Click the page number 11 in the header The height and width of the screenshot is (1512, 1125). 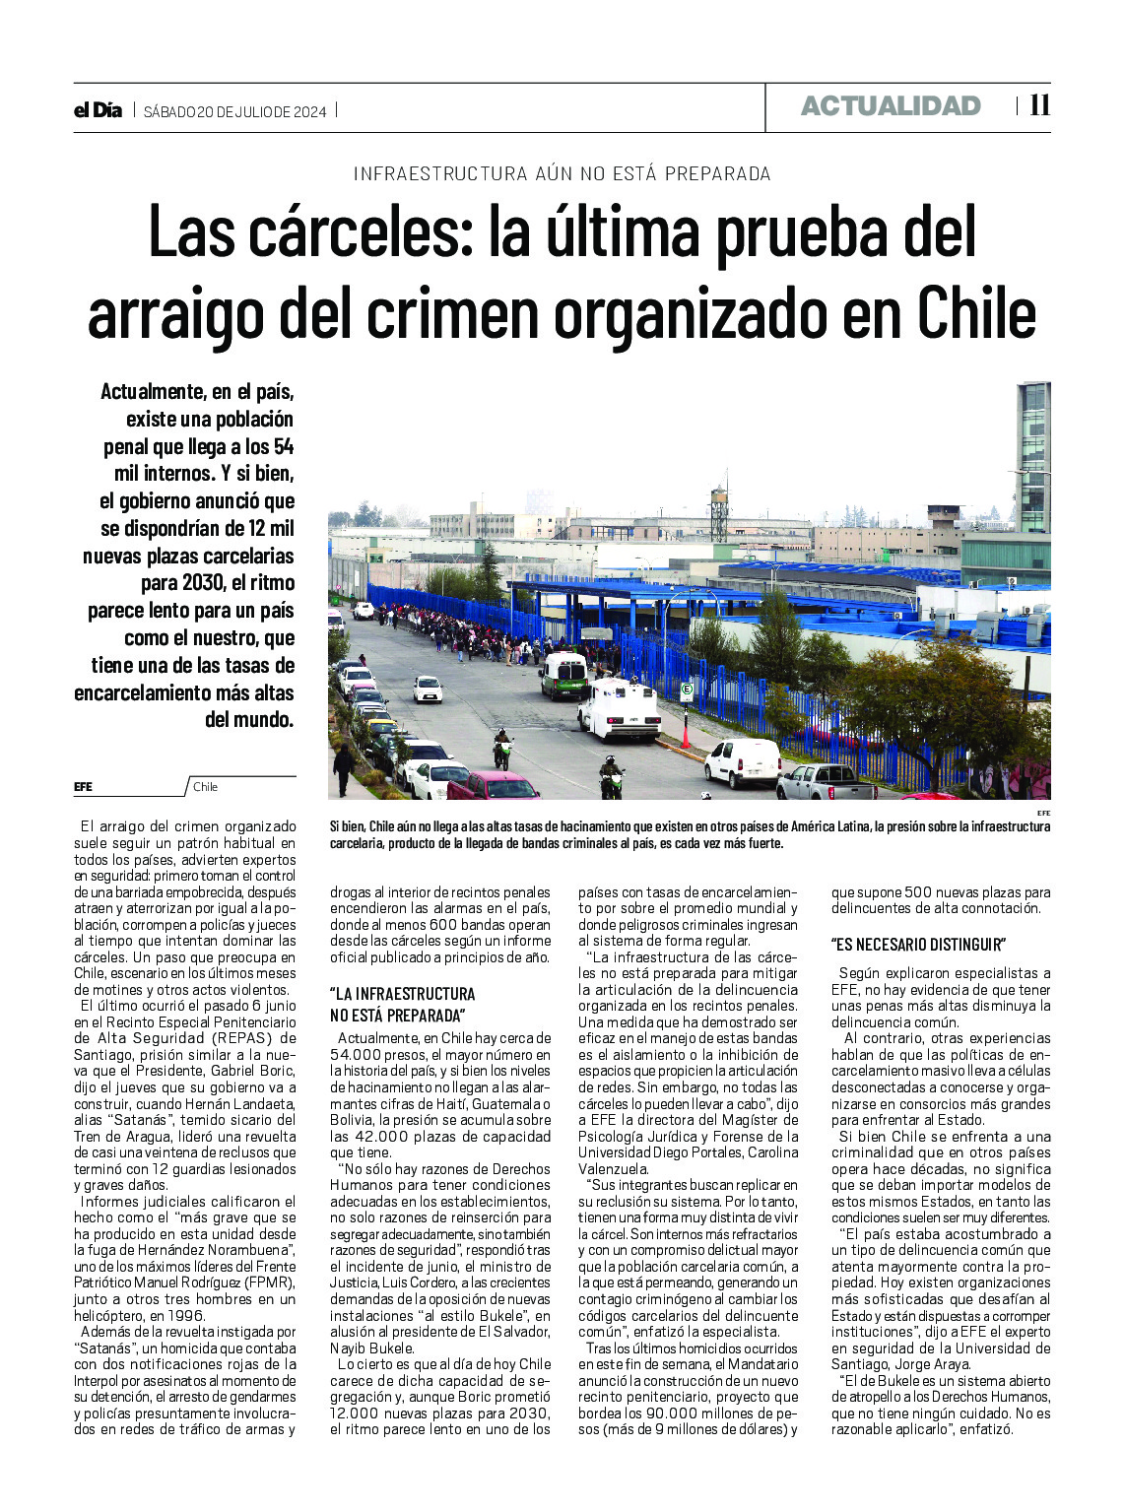[1039, 105]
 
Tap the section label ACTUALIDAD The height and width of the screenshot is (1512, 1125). [891, 106]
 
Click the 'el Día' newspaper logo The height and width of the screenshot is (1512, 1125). [98, 110]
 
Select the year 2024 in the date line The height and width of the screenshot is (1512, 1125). [308, 111]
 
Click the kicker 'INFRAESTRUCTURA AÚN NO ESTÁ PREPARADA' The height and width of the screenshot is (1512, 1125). [562, 174]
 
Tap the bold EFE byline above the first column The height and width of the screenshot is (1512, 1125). [83, 787]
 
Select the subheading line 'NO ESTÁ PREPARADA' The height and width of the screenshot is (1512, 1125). [396, 1016]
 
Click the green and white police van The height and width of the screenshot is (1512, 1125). [563, 676]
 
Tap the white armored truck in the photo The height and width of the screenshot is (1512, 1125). [620, 709]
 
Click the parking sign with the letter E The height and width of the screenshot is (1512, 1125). [687, 690]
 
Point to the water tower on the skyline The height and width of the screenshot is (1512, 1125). [719, 510]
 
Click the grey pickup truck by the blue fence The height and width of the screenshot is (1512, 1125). [826, 783]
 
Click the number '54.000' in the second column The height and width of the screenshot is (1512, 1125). [354, 1055]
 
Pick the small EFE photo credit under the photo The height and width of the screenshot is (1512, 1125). [1043, 813]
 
